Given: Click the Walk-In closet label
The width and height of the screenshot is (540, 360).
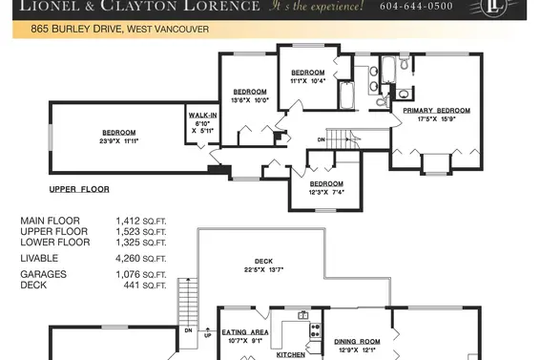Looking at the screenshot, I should (202, 118).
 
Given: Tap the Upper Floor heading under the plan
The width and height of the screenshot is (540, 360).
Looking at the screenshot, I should (81, 190).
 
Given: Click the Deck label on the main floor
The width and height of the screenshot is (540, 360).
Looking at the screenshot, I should (263, 261).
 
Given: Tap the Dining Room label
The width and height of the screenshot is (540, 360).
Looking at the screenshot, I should (357, 341).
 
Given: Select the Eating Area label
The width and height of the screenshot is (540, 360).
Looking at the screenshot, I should (244, 332).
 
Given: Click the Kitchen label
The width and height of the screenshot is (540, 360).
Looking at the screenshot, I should (290, 354).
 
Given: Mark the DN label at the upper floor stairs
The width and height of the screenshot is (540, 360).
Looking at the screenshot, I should (321, 139).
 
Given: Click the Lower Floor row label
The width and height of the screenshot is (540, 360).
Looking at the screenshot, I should (54, 243).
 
